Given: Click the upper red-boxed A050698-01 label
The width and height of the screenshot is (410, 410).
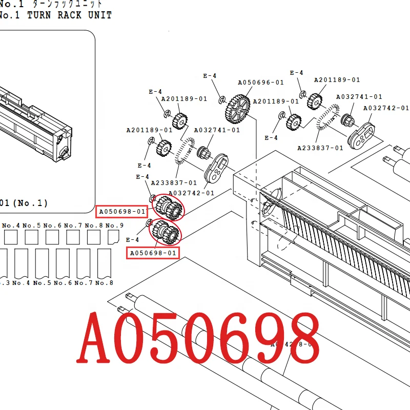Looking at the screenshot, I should (122, 211).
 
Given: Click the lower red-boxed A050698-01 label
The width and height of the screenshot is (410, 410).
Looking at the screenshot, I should (153, 253).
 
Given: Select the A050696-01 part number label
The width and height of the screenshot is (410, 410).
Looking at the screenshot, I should (260, 83).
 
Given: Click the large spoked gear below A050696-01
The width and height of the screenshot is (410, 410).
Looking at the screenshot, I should (237, 108).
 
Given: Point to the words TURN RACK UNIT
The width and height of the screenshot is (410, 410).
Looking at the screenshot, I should (69, 15).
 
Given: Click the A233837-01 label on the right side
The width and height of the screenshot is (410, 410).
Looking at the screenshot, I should (320, 148).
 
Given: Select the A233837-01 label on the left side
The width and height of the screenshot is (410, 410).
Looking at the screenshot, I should (174, 182).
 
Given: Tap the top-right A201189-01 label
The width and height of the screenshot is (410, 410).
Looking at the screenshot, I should (337, 80).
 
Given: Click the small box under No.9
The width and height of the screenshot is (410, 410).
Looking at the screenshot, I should (114, 237).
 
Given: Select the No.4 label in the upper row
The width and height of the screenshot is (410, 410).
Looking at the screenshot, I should (11, 225).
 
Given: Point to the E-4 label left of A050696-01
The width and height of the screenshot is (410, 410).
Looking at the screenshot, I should (210, 76).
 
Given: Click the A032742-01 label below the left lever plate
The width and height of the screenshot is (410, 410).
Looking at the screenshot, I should (191, 193).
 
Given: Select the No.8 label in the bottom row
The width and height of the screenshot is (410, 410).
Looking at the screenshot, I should (105, 283).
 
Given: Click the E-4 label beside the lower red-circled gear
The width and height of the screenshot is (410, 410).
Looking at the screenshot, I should (132, 240).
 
